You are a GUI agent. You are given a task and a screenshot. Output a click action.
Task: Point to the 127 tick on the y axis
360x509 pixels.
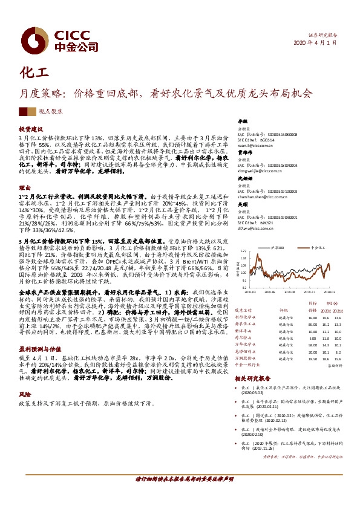pos(243,249)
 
